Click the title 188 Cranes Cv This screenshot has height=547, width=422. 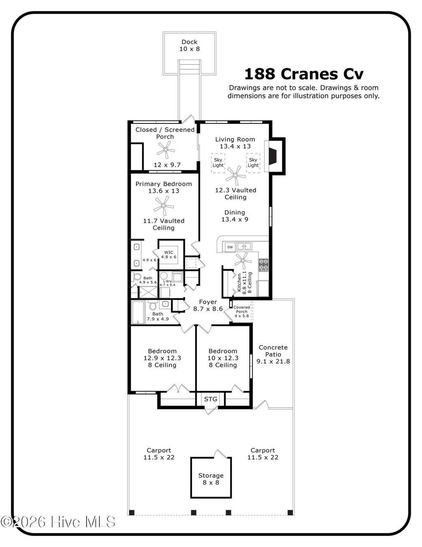coord(304,74)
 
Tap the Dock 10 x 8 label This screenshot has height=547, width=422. coord(189,45)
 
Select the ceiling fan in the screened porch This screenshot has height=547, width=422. coord(166,149)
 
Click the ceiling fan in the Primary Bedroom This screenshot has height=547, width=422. coord(164,205)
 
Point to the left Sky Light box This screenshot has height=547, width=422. coord(218,163)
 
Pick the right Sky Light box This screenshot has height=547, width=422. coord(253,163)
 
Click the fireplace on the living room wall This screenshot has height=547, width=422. coord(272,155)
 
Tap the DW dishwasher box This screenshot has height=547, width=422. coord(230,247)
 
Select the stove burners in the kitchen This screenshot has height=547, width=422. coord(263,265)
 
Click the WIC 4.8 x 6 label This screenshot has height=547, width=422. coord(169,255)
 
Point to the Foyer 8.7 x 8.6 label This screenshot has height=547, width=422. coord(208,305)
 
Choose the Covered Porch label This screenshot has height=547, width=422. coord(241,311)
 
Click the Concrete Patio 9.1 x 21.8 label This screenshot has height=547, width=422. coord(273,354)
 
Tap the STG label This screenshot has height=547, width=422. coord(211,399)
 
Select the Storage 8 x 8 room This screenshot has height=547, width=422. coord(211,479)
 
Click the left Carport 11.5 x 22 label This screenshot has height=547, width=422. coord(159,454)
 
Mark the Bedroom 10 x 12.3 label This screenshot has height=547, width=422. coord(223,358)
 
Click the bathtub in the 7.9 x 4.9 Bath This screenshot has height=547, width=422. coord(138,313)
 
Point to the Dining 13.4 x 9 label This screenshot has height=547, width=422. coord(234,216)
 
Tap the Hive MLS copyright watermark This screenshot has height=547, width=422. coord(58,522)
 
